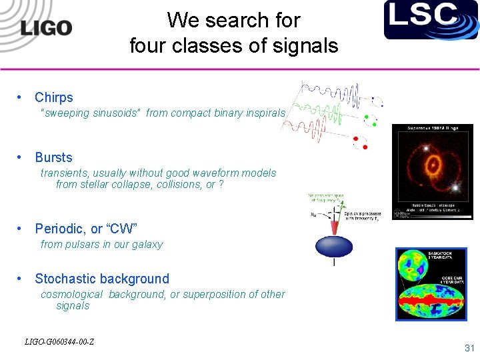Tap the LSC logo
[x=431, y=19]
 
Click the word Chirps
[x=54, y=97]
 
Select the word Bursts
[x=53, y=157]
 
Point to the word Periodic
[x=59, y=229]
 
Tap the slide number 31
[x=469, y=348]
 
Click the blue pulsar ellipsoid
[x=334, y=247]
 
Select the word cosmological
[x=71, y=294]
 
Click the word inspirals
[x=265, y=113]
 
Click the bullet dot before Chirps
[x=21, y=97]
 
